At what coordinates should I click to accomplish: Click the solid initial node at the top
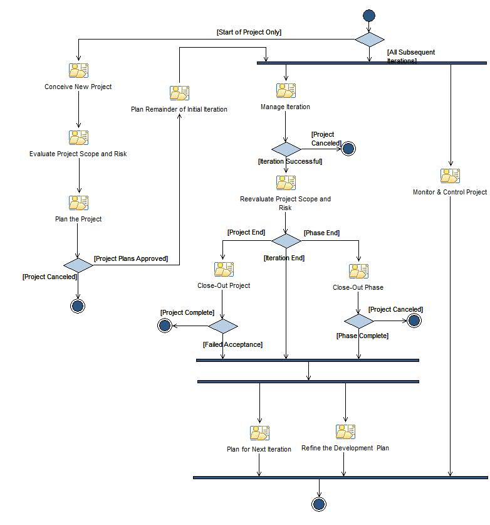pos(368,16)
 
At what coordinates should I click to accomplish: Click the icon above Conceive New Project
pos(78,71)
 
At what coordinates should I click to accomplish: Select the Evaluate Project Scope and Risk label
pos(78,154)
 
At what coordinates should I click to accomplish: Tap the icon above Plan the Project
pos(78,203)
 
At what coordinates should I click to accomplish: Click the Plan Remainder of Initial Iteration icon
pos(179,93)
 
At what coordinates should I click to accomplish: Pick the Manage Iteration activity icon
pos(286,91)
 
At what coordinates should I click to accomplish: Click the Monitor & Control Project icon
pos(450,176)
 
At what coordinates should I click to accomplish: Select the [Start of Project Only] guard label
pos(249,32)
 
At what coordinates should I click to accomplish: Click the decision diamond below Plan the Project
pos(78,265)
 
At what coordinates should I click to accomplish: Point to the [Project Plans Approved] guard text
pos(131,258)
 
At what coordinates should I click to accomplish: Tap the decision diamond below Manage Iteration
pos(286,149)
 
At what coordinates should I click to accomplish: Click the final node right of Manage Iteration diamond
pos(348,149)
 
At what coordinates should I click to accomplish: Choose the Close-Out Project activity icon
pos(224,270)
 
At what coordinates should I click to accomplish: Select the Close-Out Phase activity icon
pos(358,272)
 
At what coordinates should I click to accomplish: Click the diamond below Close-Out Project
pos(223,326)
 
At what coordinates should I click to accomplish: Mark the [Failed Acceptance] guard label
pos(232,344)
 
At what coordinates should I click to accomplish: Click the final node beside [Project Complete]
pos(165,325)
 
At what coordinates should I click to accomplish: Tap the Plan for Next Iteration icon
pos(259,433)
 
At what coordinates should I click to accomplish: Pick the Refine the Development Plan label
pos(345,448)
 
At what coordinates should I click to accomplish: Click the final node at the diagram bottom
pos(319,504)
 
